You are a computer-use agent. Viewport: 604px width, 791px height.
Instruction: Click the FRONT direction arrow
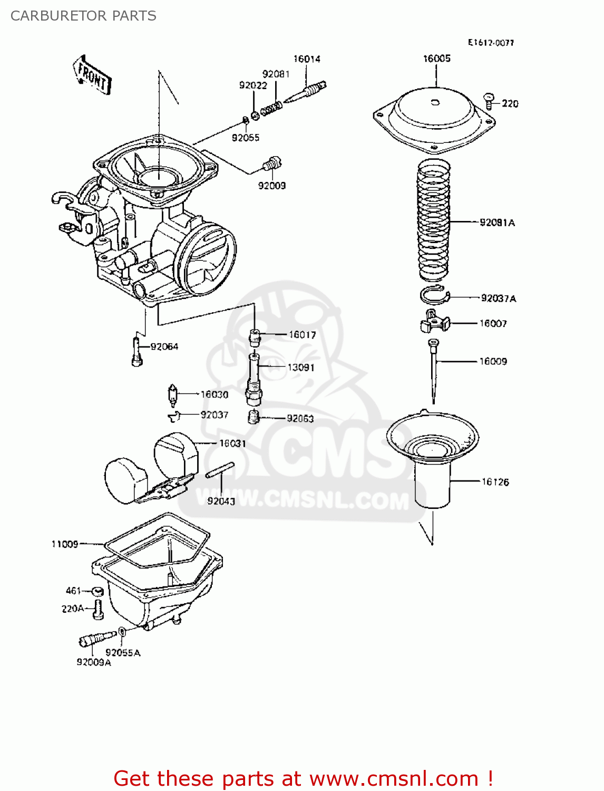[x=92, y=75]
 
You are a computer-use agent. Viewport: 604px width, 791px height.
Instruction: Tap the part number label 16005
[x=436, y=59]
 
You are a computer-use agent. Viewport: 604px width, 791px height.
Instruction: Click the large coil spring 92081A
[x=433, y=221]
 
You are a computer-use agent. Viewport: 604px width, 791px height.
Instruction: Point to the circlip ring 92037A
[x=434, y=296]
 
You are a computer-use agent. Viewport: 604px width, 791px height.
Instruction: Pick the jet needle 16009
[x=433, y=369]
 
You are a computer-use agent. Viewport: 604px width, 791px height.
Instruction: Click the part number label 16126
[x=495, y=481]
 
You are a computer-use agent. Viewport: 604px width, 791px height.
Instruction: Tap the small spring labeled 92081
[x=271, y=108]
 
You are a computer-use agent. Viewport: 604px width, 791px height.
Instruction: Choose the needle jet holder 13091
[x=254, y=379]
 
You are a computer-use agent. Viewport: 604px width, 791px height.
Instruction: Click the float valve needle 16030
[x=172, y=395]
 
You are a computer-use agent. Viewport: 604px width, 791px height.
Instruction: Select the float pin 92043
[x=220, y=470]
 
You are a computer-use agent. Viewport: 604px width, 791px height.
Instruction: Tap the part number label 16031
[x=232, y=443]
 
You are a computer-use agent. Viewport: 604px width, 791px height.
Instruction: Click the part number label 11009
[x=64, y=544]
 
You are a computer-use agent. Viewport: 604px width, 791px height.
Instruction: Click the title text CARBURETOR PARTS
[x=83, y=16]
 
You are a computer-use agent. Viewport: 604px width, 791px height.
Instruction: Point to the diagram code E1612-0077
[x=491, y=43]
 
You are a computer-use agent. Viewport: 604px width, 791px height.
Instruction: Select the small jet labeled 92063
[x=254, y=417]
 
